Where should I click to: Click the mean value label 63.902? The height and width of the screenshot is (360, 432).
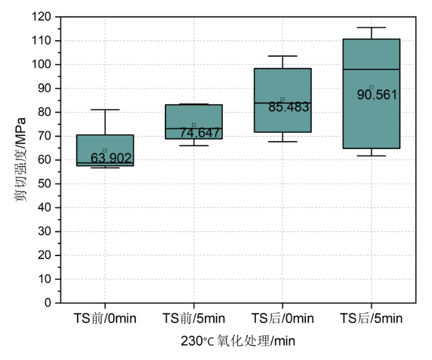point(111,158)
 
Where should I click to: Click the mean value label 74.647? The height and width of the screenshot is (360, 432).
point(200,132)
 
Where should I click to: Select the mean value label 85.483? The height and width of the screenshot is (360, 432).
point(289,106)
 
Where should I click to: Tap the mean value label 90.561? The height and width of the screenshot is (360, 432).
point(377,95)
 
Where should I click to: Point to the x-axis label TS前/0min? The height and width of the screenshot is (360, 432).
point(105,318)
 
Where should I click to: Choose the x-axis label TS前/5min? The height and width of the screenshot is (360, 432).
point(194,318)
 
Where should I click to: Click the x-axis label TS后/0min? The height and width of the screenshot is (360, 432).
point(282,318)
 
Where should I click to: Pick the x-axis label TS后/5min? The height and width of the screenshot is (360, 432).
point(371,318)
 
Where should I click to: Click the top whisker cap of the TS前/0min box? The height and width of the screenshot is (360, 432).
point(105,110)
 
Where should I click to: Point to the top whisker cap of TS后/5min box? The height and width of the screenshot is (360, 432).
point(371,28)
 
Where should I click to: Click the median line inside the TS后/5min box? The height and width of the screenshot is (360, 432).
point(371,70)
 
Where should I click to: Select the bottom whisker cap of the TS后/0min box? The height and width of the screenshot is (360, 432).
point(282,142)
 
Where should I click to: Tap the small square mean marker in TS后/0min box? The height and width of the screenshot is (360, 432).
point(282,99)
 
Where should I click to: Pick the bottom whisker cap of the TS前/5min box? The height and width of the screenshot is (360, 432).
point(194,145)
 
